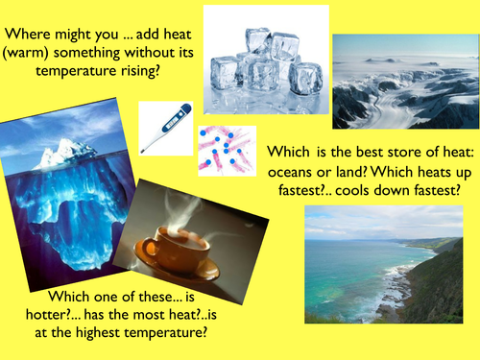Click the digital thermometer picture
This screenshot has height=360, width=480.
click(x=165, y=127)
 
